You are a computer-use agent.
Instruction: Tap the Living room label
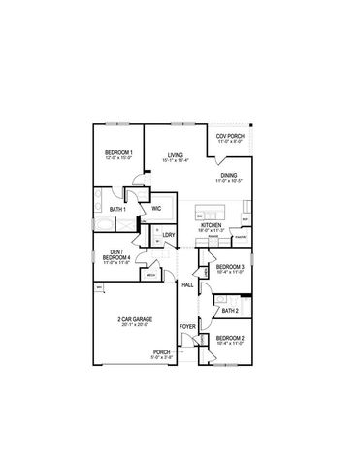coord(175,156)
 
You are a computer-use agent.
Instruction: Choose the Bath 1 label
coord(118,209)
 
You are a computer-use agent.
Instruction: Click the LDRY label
coord(168,236)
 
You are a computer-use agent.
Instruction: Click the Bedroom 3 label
coord(230,268)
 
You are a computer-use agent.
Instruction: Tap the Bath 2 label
coord(230,311)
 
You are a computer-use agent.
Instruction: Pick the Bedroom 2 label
coord(230,340)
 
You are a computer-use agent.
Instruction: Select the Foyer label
coord(187,339)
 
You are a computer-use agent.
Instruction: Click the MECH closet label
coord(151,275)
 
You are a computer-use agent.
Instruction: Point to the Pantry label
coord(242,236)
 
